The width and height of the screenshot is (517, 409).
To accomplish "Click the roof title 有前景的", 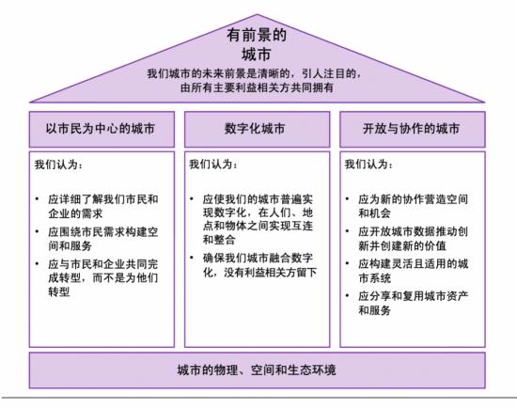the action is tap(257, 36).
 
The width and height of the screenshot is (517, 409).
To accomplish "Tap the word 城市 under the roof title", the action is tap(257, 55).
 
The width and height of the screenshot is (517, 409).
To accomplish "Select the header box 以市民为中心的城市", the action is tap(102, 130).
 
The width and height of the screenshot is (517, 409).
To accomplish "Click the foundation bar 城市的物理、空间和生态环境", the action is tap(257, 370).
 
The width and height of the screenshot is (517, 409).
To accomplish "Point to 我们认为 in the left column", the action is tap(58, 165).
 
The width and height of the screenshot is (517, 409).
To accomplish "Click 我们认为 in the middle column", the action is tap(213, 164).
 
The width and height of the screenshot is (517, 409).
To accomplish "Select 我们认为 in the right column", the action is tap(368, 164).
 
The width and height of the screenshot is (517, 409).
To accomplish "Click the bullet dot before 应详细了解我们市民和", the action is tap(38, 199).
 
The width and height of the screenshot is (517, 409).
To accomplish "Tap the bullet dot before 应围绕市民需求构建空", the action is tap(38, 231).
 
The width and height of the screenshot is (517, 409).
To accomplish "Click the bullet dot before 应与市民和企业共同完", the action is tap(38, 263).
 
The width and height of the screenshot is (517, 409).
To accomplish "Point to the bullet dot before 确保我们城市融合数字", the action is tap(192, 258).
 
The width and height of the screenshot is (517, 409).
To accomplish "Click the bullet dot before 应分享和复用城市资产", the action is tap(347, 295).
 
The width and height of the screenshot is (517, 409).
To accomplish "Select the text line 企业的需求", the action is tap(75, 213).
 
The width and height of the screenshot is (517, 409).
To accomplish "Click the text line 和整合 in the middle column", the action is tap(219, 240).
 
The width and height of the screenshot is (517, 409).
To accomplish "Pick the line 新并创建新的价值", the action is tap(402, 245).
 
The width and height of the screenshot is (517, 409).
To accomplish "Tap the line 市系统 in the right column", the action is tap(374, 277).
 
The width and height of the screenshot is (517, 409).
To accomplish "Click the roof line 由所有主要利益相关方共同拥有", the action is tap(257, 87).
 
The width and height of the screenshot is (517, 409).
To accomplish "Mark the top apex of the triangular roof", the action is tap(257, 14).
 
